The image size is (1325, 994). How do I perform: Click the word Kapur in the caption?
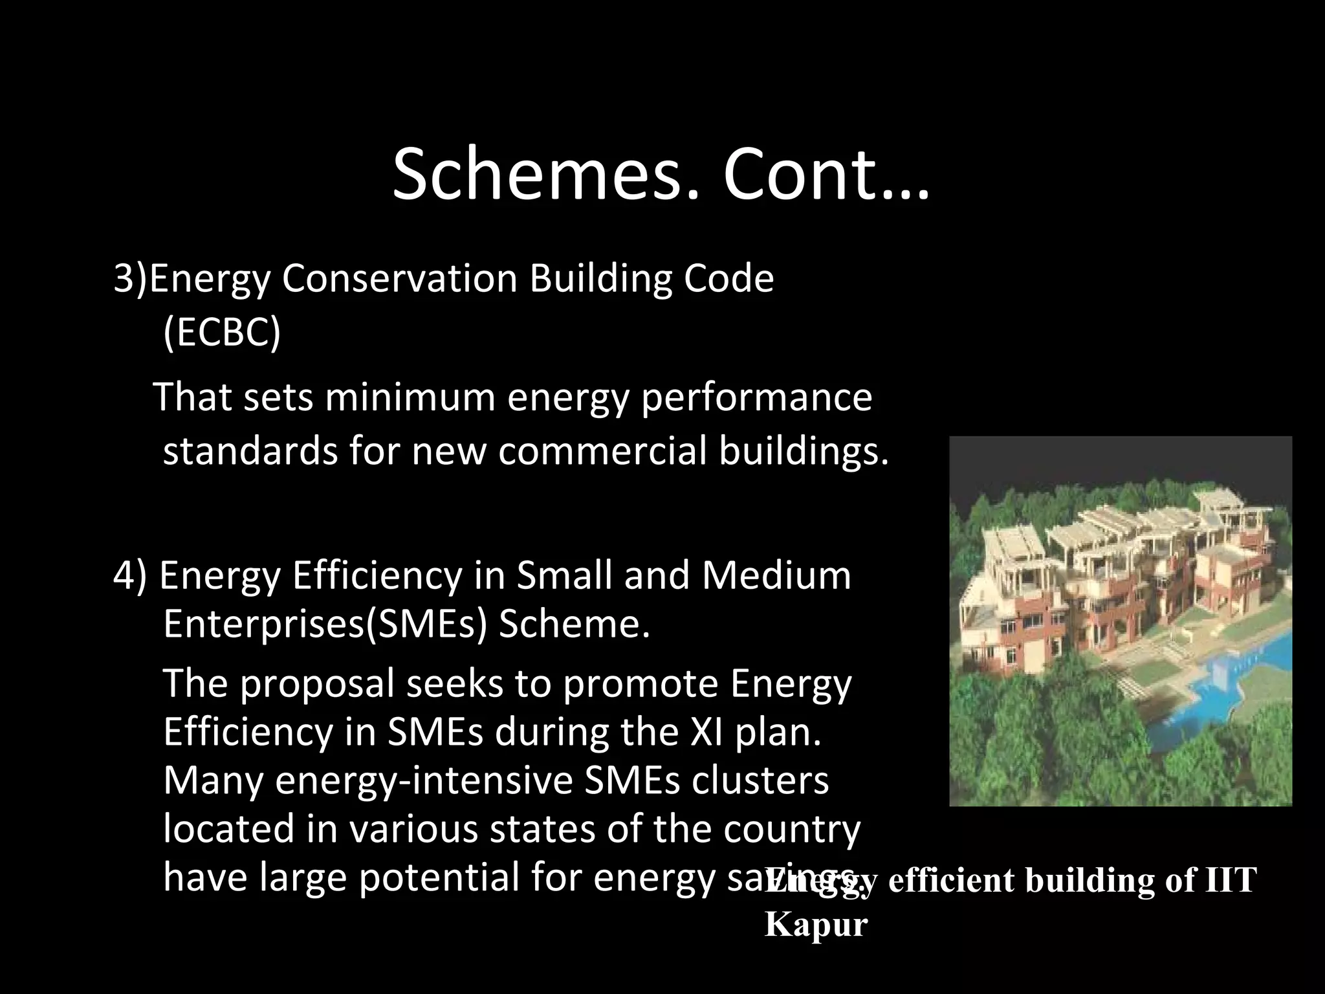click(x=816, y=924)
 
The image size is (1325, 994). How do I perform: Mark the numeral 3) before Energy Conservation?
click(x=131, y=280)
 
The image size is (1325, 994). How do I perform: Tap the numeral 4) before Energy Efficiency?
click(x=131, y=576)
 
